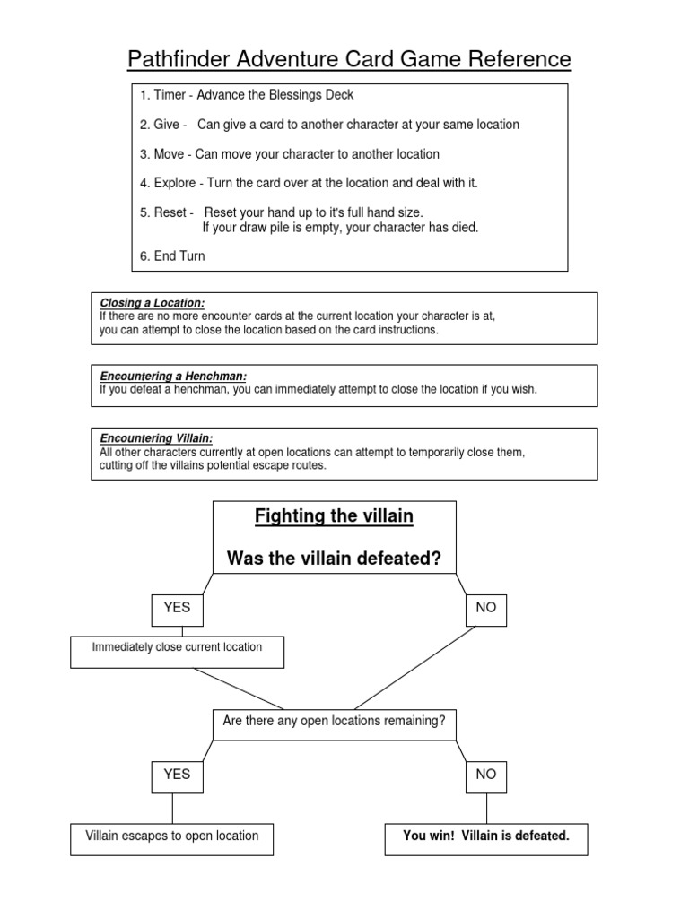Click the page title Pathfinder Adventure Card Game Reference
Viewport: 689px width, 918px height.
(349, 59)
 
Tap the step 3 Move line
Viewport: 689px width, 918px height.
(289, 154)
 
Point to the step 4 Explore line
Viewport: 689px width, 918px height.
(309, 183)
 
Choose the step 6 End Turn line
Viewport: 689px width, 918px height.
(172, 256)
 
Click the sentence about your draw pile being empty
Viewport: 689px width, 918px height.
(340, 228)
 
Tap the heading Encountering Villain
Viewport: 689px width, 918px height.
(156, 438)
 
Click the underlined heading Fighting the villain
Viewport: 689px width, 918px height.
(335, 517)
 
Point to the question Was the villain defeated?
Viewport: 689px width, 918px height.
(335, 559)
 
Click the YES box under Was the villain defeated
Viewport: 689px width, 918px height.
(177, 608)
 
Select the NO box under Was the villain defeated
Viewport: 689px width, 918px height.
(485, 608)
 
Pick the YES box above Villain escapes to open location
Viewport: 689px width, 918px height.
(177, 775)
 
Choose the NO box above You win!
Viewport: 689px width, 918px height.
(485, 775)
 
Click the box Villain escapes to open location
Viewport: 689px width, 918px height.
(172, 836)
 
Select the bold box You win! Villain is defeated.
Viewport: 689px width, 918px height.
(486, 836)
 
